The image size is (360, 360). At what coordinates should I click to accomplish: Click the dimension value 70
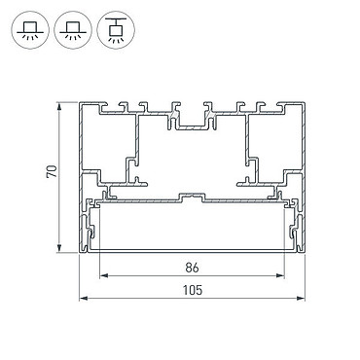tap(53, 171)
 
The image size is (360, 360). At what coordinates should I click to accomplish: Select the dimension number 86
tap(192, 268)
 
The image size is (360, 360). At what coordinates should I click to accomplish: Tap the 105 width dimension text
tap(192, 290)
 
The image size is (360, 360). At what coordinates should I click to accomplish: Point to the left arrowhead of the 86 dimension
tap(103, 276)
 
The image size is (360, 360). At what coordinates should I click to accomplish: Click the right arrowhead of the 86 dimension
tap(280, 276)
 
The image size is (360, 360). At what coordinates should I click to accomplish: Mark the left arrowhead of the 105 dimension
tap(84, 298)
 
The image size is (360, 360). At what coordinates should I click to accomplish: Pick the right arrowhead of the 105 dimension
tap(301, 298)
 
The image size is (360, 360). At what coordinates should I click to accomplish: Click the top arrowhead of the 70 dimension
tap(59, 107)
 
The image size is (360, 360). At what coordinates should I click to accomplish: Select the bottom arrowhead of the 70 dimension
tap(59, 248)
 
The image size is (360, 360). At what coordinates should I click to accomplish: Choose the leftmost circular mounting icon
tap(30, 30)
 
